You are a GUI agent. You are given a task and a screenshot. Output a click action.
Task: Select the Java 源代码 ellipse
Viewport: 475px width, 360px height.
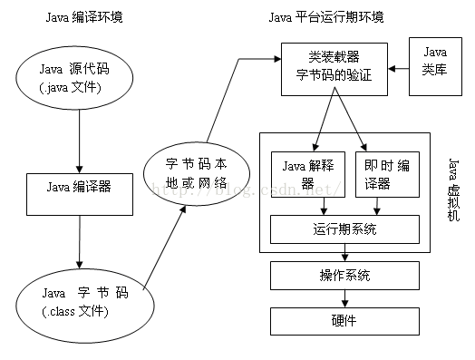[79, 78]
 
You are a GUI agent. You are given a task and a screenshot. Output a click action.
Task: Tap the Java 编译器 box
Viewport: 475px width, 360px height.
[79, 188]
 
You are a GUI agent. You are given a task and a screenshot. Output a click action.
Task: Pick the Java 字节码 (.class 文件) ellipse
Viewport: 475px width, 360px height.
[79, 301]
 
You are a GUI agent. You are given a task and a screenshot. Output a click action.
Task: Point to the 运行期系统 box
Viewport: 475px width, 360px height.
[345, 229]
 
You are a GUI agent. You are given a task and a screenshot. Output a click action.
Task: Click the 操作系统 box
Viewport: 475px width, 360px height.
[344, 275]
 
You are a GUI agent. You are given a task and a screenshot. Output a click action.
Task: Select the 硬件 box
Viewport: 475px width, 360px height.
[344, 320]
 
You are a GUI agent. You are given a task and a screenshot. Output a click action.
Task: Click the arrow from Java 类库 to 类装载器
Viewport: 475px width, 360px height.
[399, 68]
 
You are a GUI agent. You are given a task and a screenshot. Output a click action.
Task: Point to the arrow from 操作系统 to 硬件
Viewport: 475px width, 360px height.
[344, 297]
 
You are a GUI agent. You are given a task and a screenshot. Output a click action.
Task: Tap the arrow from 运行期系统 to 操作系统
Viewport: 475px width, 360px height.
[344, 252]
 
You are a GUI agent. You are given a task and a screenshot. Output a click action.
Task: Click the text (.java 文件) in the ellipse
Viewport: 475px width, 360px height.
[79, 88]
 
